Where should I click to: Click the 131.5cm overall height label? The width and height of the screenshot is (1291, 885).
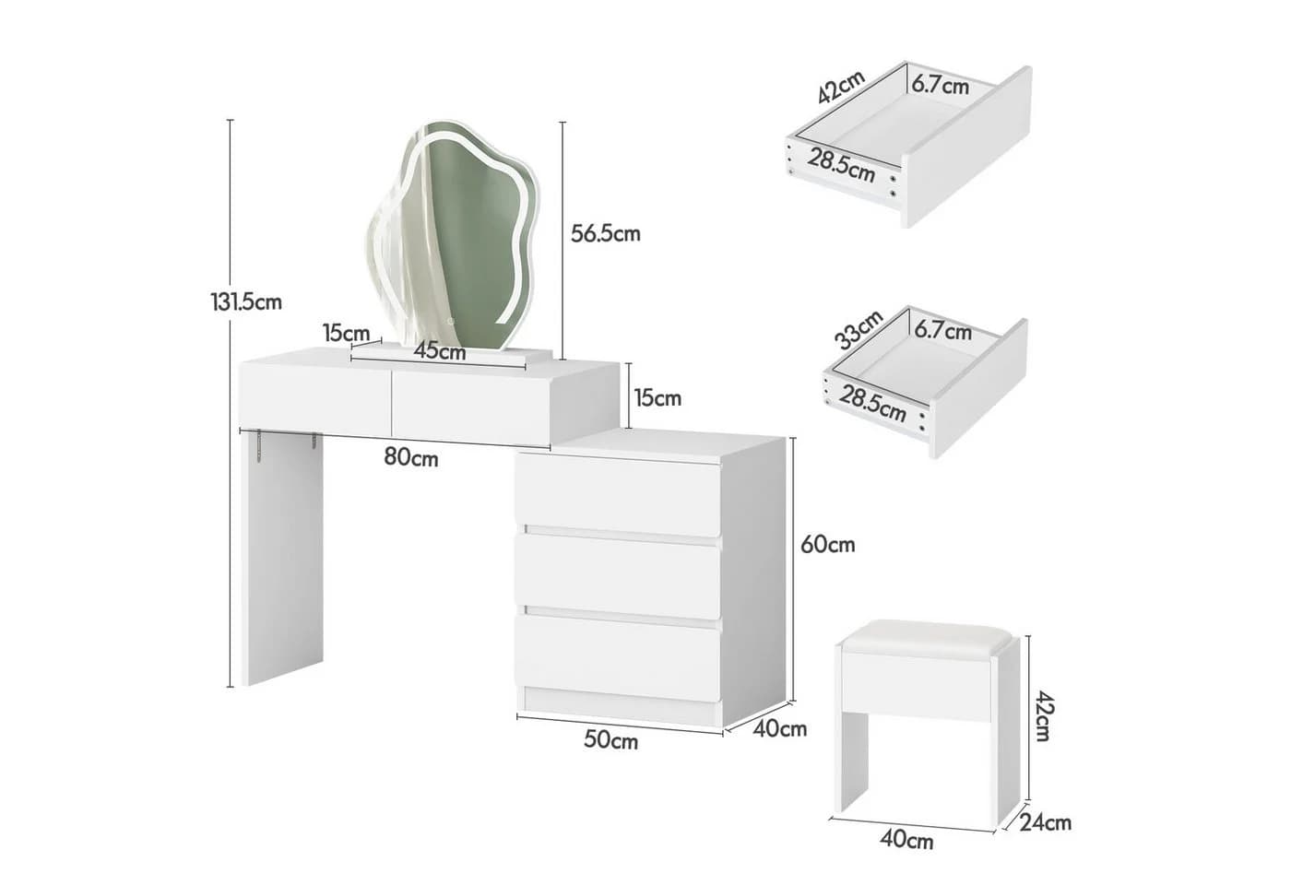pos(246,302)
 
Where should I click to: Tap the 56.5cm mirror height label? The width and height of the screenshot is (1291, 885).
pos(606,233)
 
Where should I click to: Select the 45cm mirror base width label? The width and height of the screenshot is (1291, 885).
pos(440,351)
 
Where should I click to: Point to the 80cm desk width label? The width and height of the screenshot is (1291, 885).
pos(411,458)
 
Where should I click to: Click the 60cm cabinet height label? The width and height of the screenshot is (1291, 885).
pos(828,545)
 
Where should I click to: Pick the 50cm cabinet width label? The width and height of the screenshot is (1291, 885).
pos(610,739)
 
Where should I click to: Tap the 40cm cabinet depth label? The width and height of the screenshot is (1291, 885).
pos(780,729)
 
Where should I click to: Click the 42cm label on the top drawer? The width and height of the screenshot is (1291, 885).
pos(841,87)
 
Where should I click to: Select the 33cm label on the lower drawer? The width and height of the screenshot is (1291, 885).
pos(859,330)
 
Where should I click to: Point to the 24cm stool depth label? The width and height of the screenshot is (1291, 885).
pos(1045,822)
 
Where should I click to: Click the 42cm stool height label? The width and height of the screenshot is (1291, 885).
pos(1044,715)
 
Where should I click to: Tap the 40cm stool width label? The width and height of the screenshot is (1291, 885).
pos(906,840)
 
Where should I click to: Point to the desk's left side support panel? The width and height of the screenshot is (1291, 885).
pos(282,558)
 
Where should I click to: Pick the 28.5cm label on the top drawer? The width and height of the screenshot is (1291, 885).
pos(841,165)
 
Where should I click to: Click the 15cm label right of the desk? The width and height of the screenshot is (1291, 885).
pos(657,398)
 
